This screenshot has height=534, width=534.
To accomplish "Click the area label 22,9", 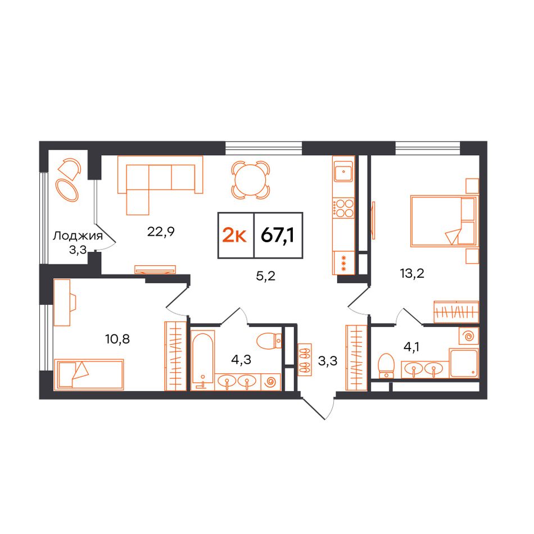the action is pyautogui.click(x=161, y=232).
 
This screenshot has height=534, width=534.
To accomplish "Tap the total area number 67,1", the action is pyautogui.click(x=278, y=235).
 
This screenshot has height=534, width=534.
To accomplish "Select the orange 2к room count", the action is pyautogui.click(x=234, y=235).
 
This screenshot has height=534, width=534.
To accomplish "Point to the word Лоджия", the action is pyautogui.click(x=78, y=236).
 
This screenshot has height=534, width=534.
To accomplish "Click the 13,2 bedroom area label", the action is pyautogui.click(x=412, y=273).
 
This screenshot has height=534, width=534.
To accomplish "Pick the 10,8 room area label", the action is pyautogui.click(x=117, y=339).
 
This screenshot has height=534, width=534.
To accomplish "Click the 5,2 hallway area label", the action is pyautogui.click(x=266, y=276).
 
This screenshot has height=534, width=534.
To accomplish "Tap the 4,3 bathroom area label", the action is pyautogui.click(x=241, y=360).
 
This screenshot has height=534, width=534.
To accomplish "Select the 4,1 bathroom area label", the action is pyautogui.click(x=411, y=347).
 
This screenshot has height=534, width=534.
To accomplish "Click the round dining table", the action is pyautogui.click(x=251, y=180).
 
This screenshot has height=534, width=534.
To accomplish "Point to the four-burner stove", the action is pyautogui.click(x=343, y=209).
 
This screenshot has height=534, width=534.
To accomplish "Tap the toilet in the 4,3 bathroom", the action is pyautogui.click(x=269, y=341).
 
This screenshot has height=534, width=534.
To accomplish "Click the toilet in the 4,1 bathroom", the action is pyautogui.click(x=386, y=366).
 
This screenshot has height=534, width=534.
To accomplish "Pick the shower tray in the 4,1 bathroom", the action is pyautogui.click(x=464, y=363).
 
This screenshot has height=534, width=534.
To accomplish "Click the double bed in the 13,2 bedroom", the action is pyautogui.click(x=443, y=221).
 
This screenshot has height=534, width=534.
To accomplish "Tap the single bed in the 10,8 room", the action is pyautogui.click(x=89, y=374).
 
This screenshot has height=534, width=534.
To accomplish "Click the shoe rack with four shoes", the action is pyautogui.click(x=305, y=360).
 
